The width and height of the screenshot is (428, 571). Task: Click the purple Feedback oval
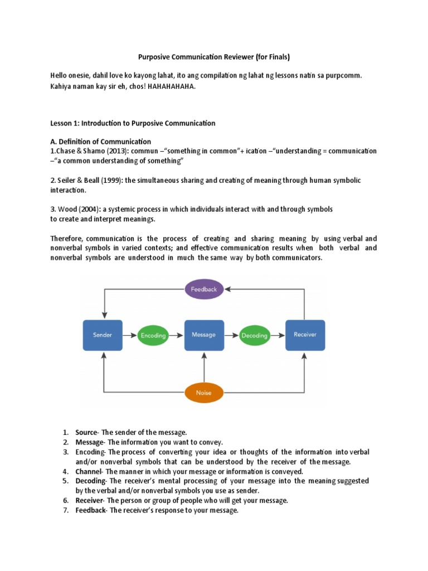pyautogui.click(x=203, y=289)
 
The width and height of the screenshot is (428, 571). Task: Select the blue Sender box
pyautogui.click(x=103, y=335)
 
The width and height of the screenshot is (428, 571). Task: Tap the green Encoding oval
pyautogui.click(x=153, y=336)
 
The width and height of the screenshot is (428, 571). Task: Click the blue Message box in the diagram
pyautogui.click(x=204, y=335)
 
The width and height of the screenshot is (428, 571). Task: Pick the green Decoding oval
pyautogui.click(x=254, y=336)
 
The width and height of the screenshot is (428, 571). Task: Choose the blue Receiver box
pyautogui.click(x=305, y=335)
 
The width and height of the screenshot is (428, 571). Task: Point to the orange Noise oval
pyautogui.click(x=203, y=393)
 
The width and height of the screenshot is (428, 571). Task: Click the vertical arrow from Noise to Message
pyautogui.click(x=204, y=366)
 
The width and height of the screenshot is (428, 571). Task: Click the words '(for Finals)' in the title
pyautogui.click(x=270, y=56)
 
